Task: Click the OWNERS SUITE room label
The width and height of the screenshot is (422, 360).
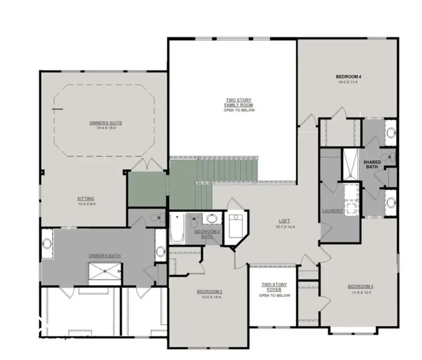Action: pos(105,123)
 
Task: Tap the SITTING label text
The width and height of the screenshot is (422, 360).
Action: pos(86,198)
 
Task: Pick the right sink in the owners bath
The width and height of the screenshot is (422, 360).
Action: pos(160,251)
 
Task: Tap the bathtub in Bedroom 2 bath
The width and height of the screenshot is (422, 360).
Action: pos(177,228)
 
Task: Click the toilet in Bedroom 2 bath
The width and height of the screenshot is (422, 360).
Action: pos(194,222)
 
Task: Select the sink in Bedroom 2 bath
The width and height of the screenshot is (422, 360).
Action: pos(212,219)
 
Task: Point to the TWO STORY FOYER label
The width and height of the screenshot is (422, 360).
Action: pos(274,287)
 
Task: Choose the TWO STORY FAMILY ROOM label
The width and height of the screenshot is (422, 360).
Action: pos(239,103)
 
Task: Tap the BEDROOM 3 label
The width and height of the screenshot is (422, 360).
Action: pos(360,286)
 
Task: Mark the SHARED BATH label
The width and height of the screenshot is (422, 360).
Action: pos(373,164)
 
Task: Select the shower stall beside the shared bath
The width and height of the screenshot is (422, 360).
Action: pos(351,164)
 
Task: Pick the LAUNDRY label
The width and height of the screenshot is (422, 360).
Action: pos(332,211)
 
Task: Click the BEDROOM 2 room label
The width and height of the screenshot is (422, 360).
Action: pos(209,292)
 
